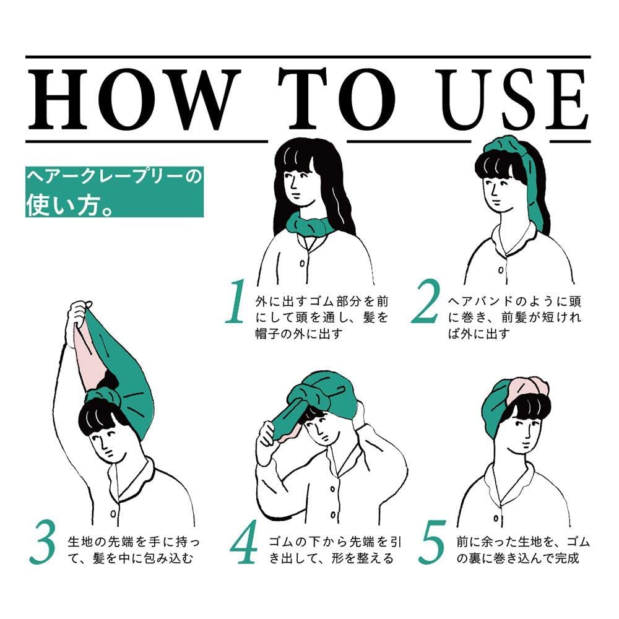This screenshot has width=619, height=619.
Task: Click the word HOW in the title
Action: click(x=136, y=99)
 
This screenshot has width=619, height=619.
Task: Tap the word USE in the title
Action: click(x=514, y=99)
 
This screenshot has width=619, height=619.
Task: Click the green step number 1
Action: click(x=236, y=301)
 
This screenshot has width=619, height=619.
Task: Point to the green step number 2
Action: click(x=426, y=301)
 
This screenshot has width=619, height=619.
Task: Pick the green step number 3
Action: click(x=43, y=542)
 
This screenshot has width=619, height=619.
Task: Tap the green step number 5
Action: click(x=432, y=542)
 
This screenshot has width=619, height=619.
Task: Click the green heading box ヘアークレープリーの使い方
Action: click(x=115, y=192)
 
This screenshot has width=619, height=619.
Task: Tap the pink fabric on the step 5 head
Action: click(x=527, y=387)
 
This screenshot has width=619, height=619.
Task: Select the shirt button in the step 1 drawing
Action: click(x=302, y=263)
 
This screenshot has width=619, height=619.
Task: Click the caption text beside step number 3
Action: click(x=134, y=550)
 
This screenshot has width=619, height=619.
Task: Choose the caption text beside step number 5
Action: click(x=523, y=550)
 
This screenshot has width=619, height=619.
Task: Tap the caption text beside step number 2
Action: click(x=514, y=318)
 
